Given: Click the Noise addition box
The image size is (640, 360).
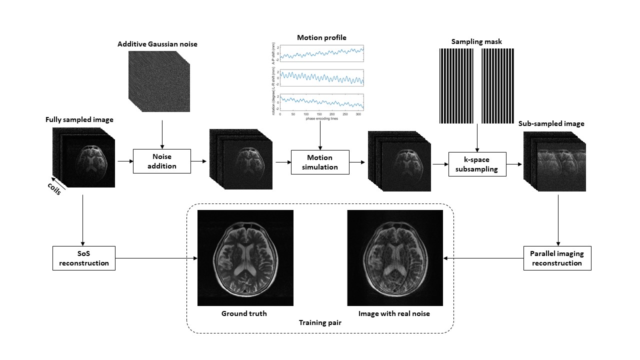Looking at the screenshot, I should click(x=162, y=161).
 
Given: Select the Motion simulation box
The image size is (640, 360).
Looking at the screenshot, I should click(x=320, y=162).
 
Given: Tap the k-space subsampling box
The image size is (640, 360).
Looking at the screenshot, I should click(x=477, y=164).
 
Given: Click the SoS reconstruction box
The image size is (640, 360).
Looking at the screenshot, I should click(x=84, y=258).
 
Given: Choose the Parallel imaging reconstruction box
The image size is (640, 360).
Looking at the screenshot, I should click(x=557, y=258).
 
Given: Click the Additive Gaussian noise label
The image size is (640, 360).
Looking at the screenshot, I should click(x=157, y=44).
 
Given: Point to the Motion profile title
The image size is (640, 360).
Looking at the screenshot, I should click(x=321, y=37).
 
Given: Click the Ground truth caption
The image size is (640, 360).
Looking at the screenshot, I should click(x=244, y=313).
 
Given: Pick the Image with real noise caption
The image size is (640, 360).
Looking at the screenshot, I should click(x=394, y=313).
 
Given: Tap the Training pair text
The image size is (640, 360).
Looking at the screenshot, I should click(x=320, y=323).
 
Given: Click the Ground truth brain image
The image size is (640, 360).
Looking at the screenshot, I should click(x=245, y=258).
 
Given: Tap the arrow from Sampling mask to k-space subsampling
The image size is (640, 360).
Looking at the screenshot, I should click(x=477, y=137).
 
